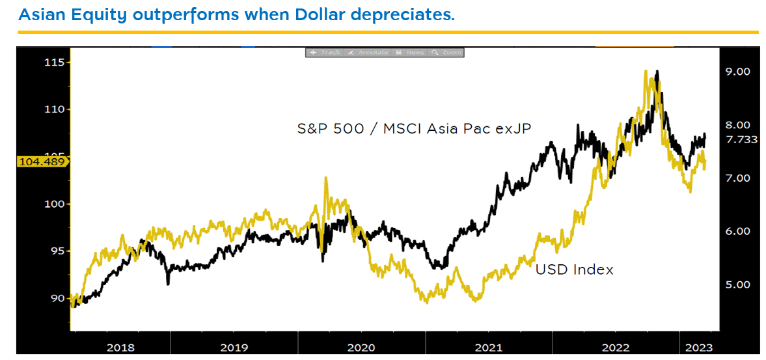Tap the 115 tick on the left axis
click(54, 62)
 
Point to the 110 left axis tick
click(54, 109)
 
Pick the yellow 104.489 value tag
click(41, 162)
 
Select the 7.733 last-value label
click(741, 139)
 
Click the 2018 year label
click(120, 348)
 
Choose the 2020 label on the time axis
click(361, 348)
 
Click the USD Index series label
click(574, 269)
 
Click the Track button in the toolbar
click(325, 52)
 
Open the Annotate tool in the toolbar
click(368, 52)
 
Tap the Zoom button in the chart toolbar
click(447, 52)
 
